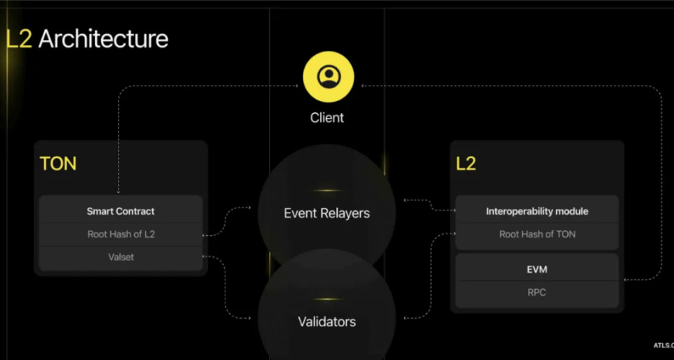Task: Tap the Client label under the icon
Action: [x=327, y=117]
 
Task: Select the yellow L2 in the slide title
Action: [x=19, y=38]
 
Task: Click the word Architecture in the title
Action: [x=103, y=38]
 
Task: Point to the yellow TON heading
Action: [x=58, y=164]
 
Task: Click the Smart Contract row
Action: [x=121, y=211]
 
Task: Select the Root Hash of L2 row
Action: [x=121, y=234]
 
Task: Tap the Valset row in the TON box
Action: [x=121, y=257]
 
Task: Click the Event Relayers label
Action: [x=326, y=213]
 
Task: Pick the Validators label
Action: [x=326, y=321]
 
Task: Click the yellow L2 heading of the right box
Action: [x=465, y=164]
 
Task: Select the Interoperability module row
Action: [x=537, y=211]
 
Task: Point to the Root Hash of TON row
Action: [x=537, y=234]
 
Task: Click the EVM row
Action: [x=537, y=269]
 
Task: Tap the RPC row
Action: [x=537, y=292]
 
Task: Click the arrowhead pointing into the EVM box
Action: [x=626, y=279]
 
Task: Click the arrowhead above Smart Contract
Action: [x=119, y=190]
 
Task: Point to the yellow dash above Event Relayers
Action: [x=326, y=190]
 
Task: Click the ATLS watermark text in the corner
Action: [x=662, y=345]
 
